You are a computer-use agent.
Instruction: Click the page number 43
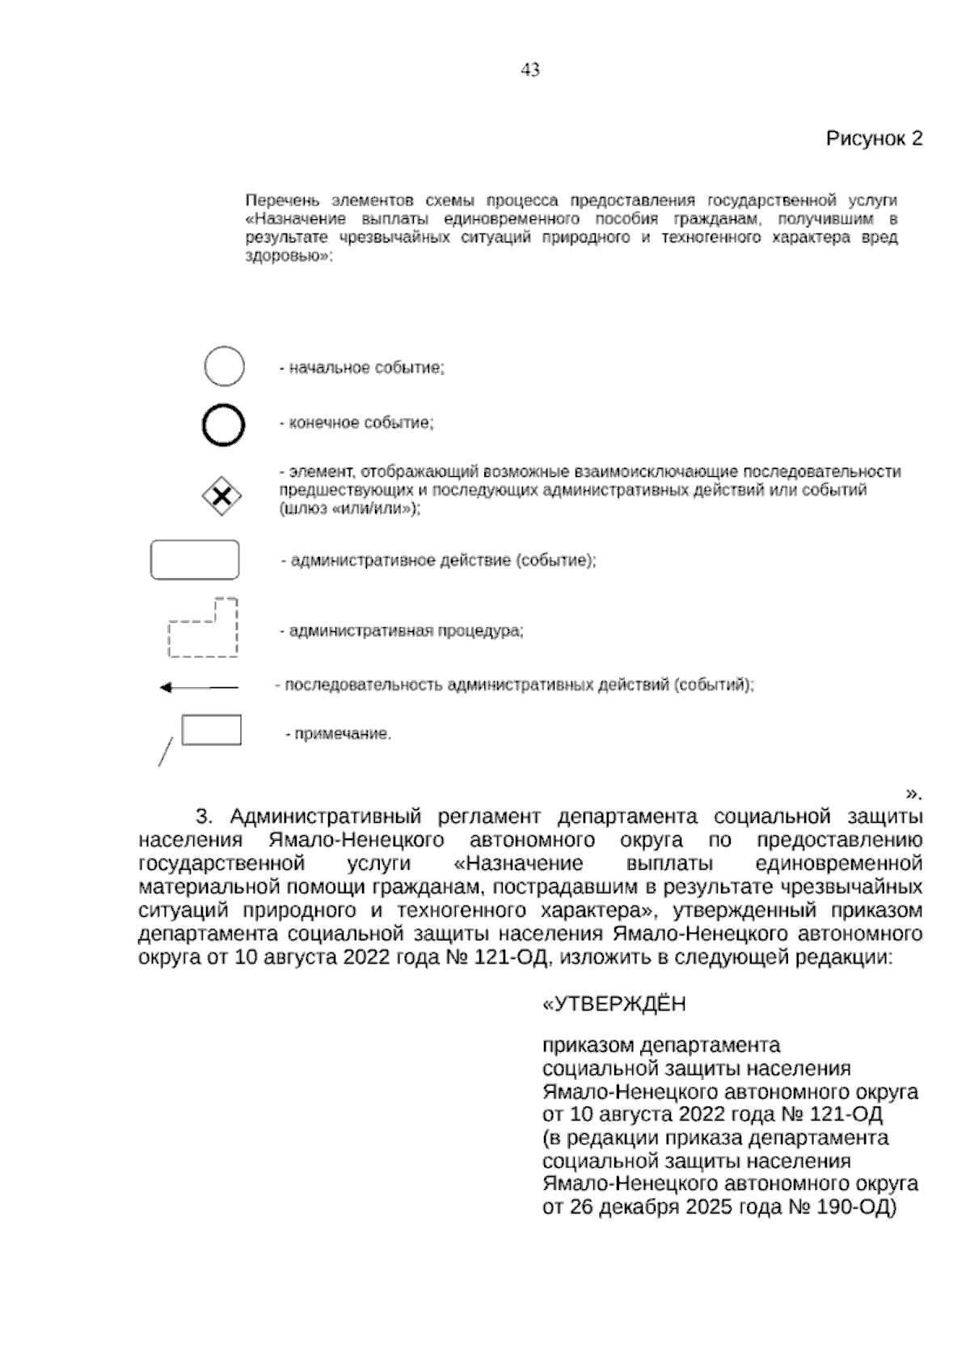(530, 70)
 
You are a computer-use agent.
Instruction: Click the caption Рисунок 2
(873, 139)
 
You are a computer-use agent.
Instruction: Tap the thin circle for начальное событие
(224, 368)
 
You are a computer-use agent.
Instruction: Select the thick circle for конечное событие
(223, 424)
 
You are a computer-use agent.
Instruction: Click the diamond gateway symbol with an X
(222, 496)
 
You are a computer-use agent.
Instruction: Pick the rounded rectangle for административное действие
(195, 559)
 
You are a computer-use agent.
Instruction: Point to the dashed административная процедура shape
(202, 631)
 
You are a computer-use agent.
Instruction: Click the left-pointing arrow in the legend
(198, 688)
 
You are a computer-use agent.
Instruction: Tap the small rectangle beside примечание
(211, 729)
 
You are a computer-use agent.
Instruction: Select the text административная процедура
(406, 631)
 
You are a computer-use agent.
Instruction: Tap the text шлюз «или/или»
(349, 509)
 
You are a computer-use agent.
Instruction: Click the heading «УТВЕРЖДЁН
(614, 1004)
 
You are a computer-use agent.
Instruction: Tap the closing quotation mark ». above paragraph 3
(913, 793)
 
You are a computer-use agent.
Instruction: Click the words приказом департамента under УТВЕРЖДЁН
(660, 1045)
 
